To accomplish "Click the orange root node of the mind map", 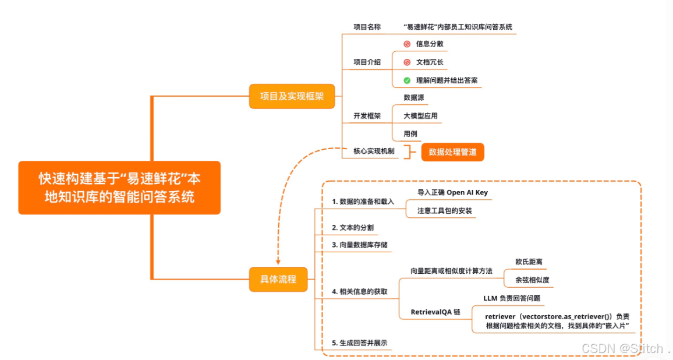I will tap(119, 188).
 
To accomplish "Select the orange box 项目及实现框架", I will tap(292, 96).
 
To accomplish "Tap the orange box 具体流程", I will tap(278, 279).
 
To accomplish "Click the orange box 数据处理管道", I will tap(452, 151).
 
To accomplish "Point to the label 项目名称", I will tap(367, 27).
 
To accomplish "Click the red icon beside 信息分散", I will tap(407, 44).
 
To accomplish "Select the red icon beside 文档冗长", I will tap(407, 62).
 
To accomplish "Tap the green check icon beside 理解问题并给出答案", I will tap(407, 80).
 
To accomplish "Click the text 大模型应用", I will tap(420, 116).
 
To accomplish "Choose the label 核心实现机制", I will tap(374, 151).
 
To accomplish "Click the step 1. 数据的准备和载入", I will tap(363, 202).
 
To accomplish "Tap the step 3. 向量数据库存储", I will tap(359, 245).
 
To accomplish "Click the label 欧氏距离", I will tap(529, 262).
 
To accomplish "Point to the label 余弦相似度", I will tap(532, 280).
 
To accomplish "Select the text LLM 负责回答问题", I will tap(512, 298).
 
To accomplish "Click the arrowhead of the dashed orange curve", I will tap(278, 262).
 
